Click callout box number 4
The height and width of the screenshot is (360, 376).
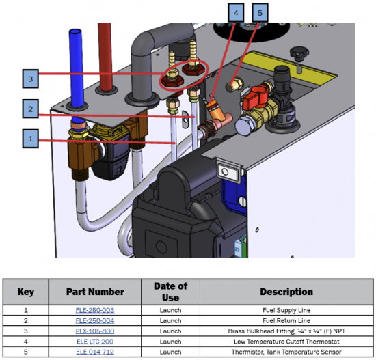236,13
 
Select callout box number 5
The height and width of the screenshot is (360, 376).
260,13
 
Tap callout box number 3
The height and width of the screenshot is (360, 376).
31,79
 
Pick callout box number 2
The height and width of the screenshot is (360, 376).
31,109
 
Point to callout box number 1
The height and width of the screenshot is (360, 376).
31,139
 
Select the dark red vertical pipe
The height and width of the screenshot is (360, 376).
105,57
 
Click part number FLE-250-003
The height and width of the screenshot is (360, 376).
95,310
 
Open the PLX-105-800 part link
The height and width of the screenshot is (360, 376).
95,331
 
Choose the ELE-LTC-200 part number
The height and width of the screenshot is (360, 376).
95,342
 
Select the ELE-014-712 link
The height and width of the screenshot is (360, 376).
95,352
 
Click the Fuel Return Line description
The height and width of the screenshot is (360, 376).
286,320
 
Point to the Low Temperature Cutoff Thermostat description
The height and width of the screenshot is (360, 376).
286,342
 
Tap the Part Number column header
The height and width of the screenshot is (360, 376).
95,292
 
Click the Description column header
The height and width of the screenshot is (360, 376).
286,292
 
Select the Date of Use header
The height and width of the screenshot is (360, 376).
170,292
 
